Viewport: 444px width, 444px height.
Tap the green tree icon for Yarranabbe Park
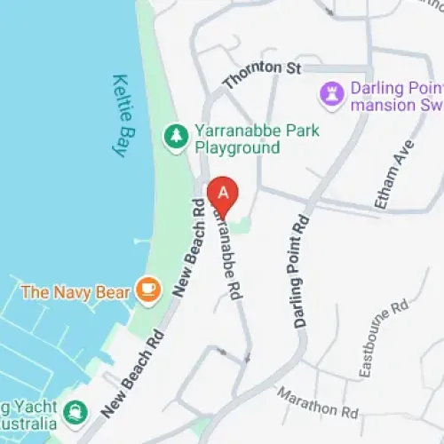pyautogui.click(x=176, y=136)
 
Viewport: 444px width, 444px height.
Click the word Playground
pyautogui.click(x=237, y=147)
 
